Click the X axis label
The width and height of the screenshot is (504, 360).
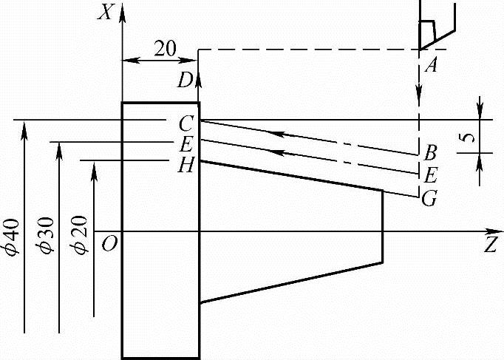point(107,13)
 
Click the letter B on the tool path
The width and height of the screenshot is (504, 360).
point(429,154)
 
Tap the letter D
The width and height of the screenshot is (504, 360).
point(185,81)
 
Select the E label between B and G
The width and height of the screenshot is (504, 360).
point(429,175)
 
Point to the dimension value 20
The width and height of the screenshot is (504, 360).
point(165,49)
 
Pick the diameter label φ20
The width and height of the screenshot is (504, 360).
point(83,237)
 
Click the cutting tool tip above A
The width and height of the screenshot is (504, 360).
point(420,48)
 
